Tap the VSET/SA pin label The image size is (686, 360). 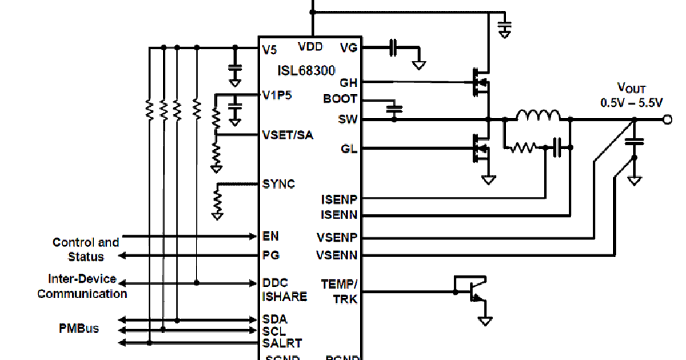288,135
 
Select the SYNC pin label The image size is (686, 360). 278,184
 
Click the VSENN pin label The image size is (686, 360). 337,255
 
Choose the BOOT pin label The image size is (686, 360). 340,99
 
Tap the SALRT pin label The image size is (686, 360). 282,343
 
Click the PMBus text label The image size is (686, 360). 79,329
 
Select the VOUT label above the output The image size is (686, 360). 631,88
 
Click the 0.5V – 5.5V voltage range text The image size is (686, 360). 631,103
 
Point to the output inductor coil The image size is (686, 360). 538,115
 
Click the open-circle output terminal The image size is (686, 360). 667,119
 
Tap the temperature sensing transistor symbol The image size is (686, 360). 473,293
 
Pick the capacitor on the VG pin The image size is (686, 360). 393,49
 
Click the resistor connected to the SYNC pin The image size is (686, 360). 217,200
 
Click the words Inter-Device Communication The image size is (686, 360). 82,286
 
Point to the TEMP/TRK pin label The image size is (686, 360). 339,291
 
